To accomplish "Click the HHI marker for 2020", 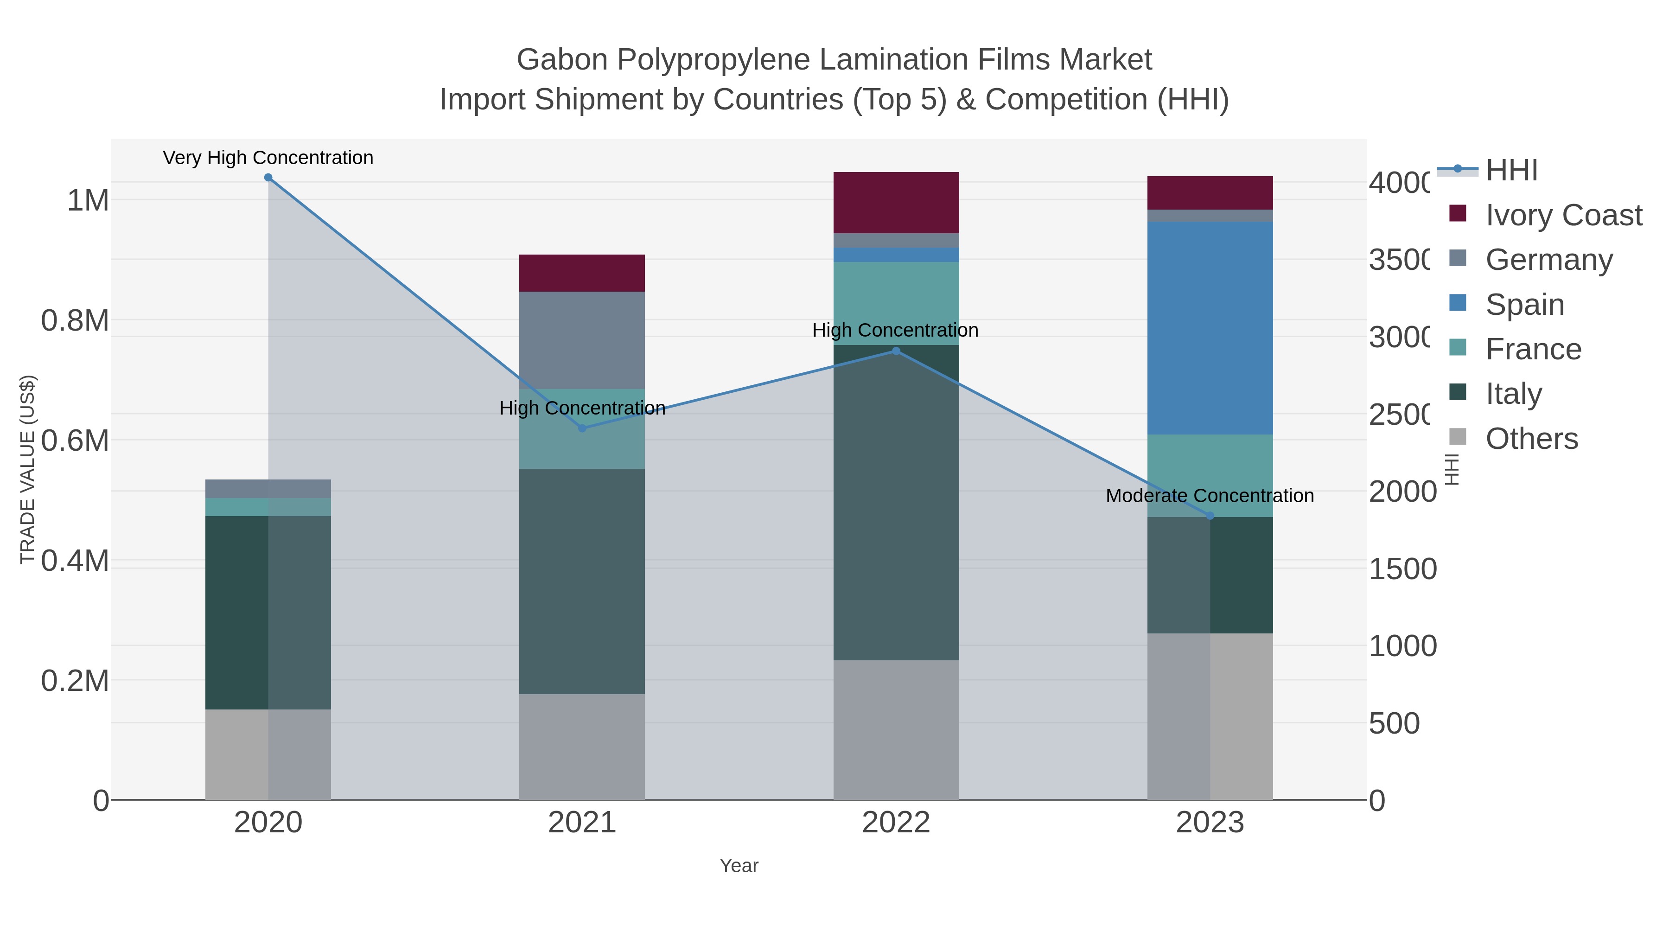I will pos(268,178).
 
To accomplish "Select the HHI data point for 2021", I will pos(582,428).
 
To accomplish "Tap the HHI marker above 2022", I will pos(896,351).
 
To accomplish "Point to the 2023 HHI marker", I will pos(1210,516).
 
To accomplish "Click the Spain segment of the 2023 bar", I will pos(1210,328).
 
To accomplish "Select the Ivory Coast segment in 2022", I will pos(896,202).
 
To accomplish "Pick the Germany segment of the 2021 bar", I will pos(582,340).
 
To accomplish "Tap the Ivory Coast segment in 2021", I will pos(582,273).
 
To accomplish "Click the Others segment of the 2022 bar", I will pos(896,730).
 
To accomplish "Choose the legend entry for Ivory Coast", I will pos(1563,215).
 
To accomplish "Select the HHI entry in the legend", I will pos(1511,171).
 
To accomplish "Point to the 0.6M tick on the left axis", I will pos(75,441).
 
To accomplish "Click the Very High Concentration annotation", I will pos(268,158).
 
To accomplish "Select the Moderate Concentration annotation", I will pos(1210,496).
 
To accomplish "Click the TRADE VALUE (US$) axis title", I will pos(28,469).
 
